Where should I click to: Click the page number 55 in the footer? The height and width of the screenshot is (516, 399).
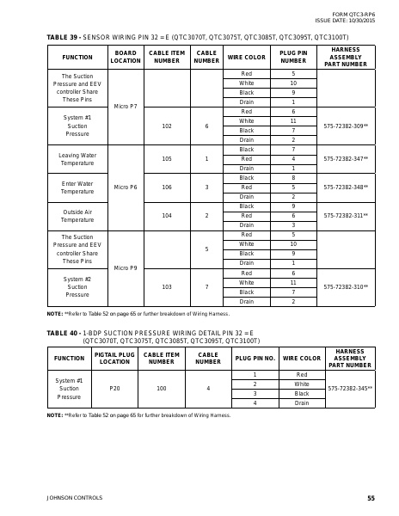371,498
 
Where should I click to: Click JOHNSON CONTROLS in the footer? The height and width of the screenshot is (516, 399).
74,498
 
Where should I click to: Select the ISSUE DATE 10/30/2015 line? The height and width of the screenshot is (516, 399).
346,20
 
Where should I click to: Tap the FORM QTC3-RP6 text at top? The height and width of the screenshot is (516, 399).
357,14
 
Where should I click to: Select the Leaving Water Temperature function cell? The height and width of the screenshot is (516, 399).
77,158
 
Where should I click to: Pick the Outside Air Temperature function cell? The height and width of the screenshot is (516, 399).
77,215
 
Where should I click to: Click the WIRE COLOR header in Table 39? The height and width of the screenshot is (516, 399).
247,58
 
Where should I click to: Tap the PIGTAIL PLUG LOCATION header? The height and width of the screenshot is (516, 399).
114,358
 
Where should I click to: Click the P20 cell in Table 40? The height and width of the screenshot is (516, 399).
114,389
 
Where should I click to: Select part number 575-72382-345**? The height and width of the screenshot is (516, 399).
350,389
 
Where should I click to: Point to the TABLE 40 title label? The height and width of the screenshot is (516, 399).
64,333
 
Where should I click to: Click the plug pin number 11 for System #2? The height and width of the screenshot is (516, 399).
293,282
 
